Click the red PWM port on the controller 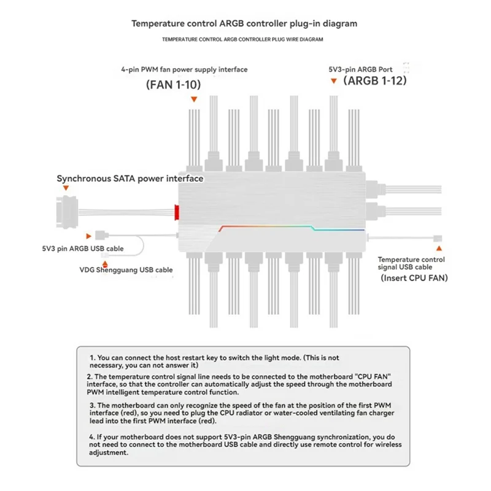(x=177, y=213)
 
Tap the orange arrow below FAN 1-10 (x=194, y=99)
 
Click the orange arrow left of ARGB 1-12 (x=334, y=80)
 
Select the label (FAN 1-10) (x=174, y=85)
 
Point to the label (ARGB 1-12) (x=375, y=80)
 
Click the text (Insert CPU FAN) (x=414, y=278)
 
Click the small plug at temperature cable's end (x=438, y=238)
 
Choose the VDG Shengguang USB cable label (x=126, y=269)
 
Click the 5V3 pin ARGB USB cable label (x=79, y=249)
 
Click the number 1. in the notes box (x=92, y=357)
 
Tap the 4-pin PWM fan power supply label (x=184, y=69)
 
